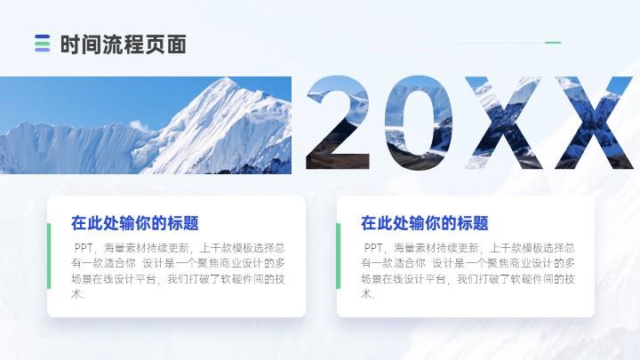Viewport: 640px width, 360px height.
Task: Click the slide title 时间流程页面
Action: (124, 44)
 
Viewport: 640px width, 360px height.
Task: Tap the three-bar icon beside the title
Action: (43, 44)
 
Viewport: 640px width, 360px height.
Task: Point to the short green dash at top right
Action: (553, 43)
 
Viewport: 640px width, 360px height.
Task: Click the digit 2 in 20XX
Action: (338, 123)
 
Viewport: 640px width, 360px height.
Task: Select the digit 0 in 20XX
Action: (419, 123)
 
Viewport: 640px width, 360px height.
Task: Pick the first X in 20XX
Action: (504, 123)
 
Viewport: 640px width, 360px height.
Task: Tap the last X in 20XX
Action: (594, 123)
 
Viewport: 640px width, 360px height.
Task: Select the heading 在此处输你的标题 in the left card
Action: (135, 223)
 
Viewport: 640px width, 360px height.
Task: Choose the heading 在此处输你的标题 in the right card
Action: (425, 223)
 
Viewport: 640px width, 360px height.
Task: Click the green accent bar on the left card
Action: (49, 256)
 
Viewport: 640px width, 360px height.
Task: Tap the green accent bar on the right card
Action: (339, 256)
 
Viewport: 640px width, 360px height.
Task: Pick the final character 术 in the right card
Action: (366, 294)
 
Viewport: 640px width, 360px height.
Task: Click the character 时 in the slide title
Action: (70, 44)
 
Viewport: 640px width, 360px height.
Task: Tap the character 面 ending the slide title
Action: (177, 44)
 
